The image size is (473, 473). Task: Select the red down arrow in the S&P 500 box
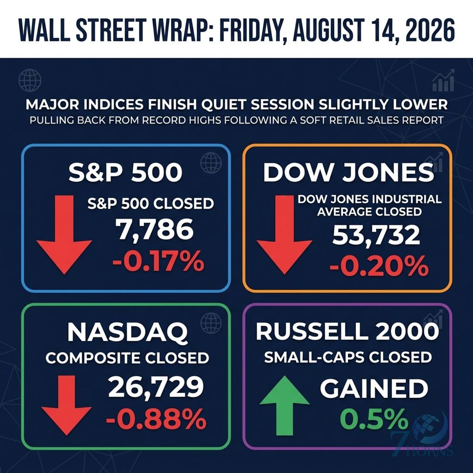pyautogui.click(x=64, y=234)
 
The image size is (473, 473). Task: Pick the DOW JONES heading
pyautogui.click(x=349, y=172)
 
